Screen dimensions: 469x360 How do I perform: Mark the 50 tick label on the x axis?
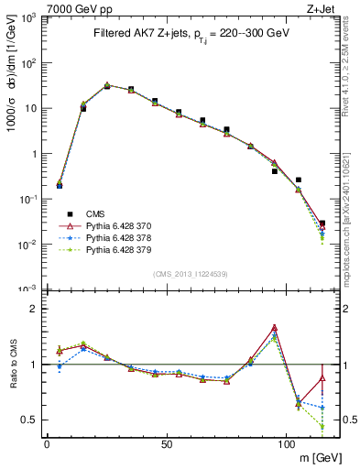166,444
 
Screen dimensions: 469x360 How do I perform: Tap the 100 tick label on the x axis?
286,444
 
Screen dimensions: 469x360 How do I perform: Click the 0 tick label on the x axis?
47,444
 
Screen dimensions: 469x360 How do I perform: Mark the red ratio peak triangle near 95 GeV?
274,328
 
